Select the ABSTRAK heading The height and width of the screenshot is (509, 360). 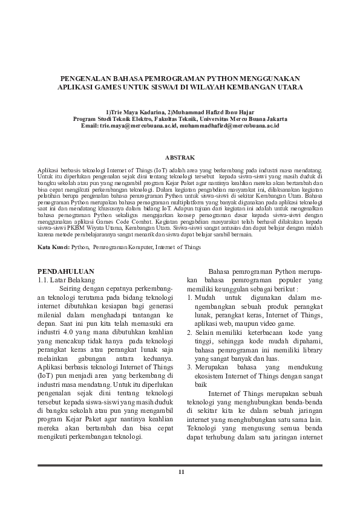coord(180,157)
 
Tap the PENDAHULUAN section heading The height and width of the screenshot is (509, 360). coord(66,271)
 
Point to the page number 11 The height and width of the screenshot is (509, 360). coord(180,471)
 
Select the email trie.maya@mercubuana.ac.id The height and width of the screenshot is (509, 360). coord(136,126)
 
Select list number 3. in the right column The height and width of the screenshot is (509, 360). coord(189,368)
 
